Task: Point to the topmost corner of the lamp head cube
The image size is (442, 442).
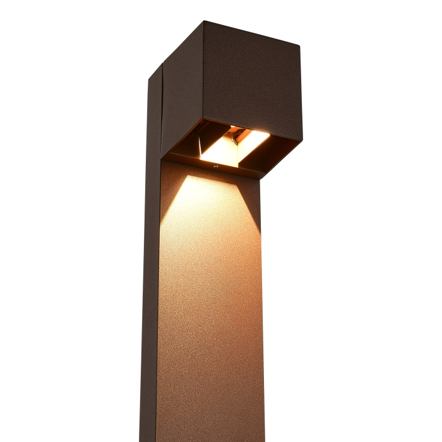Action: point(204,22)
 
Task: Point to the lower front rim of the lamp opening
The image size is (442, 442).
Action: point(215,169)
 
